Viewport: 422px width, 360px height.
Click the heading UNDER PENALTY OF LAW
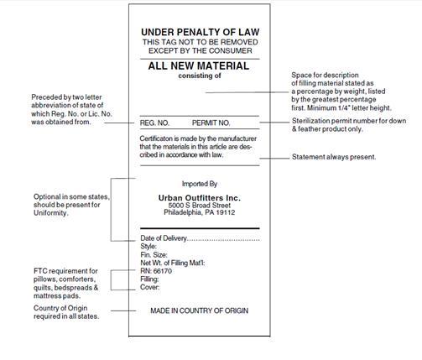tap(199, 32)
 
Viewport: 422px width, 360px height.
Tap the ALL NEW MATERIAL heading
tap(199, 65)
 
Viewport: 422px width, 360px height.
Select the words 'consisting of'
tap(199, 76)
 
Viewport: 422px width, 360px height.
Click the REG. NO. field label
tap(154, 123)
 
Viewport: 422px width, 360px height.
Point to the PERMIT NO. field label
tap(211, 123)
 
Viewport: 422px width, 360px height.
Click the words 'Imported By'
tap(200, 183)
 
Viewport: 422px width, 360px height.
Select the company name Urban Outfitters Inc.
tap(200, 197)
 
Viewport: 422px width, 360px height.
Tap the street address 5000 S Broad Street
tap(200, 206)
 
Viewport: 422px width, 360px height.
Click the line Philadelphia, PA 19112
tap(200, 214)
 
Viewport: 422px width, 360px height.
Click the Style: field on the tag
tap(149, 248)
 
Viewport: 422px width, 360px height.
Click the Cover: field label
tap(151, 288)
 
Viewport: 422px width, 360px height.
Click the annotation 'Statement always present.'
tap(333, 157)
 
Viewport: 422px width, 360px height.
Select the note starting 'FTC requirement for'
tap(65, 283)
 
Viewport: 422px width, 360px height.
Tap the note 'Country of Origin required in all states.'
tap(65, 312)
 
